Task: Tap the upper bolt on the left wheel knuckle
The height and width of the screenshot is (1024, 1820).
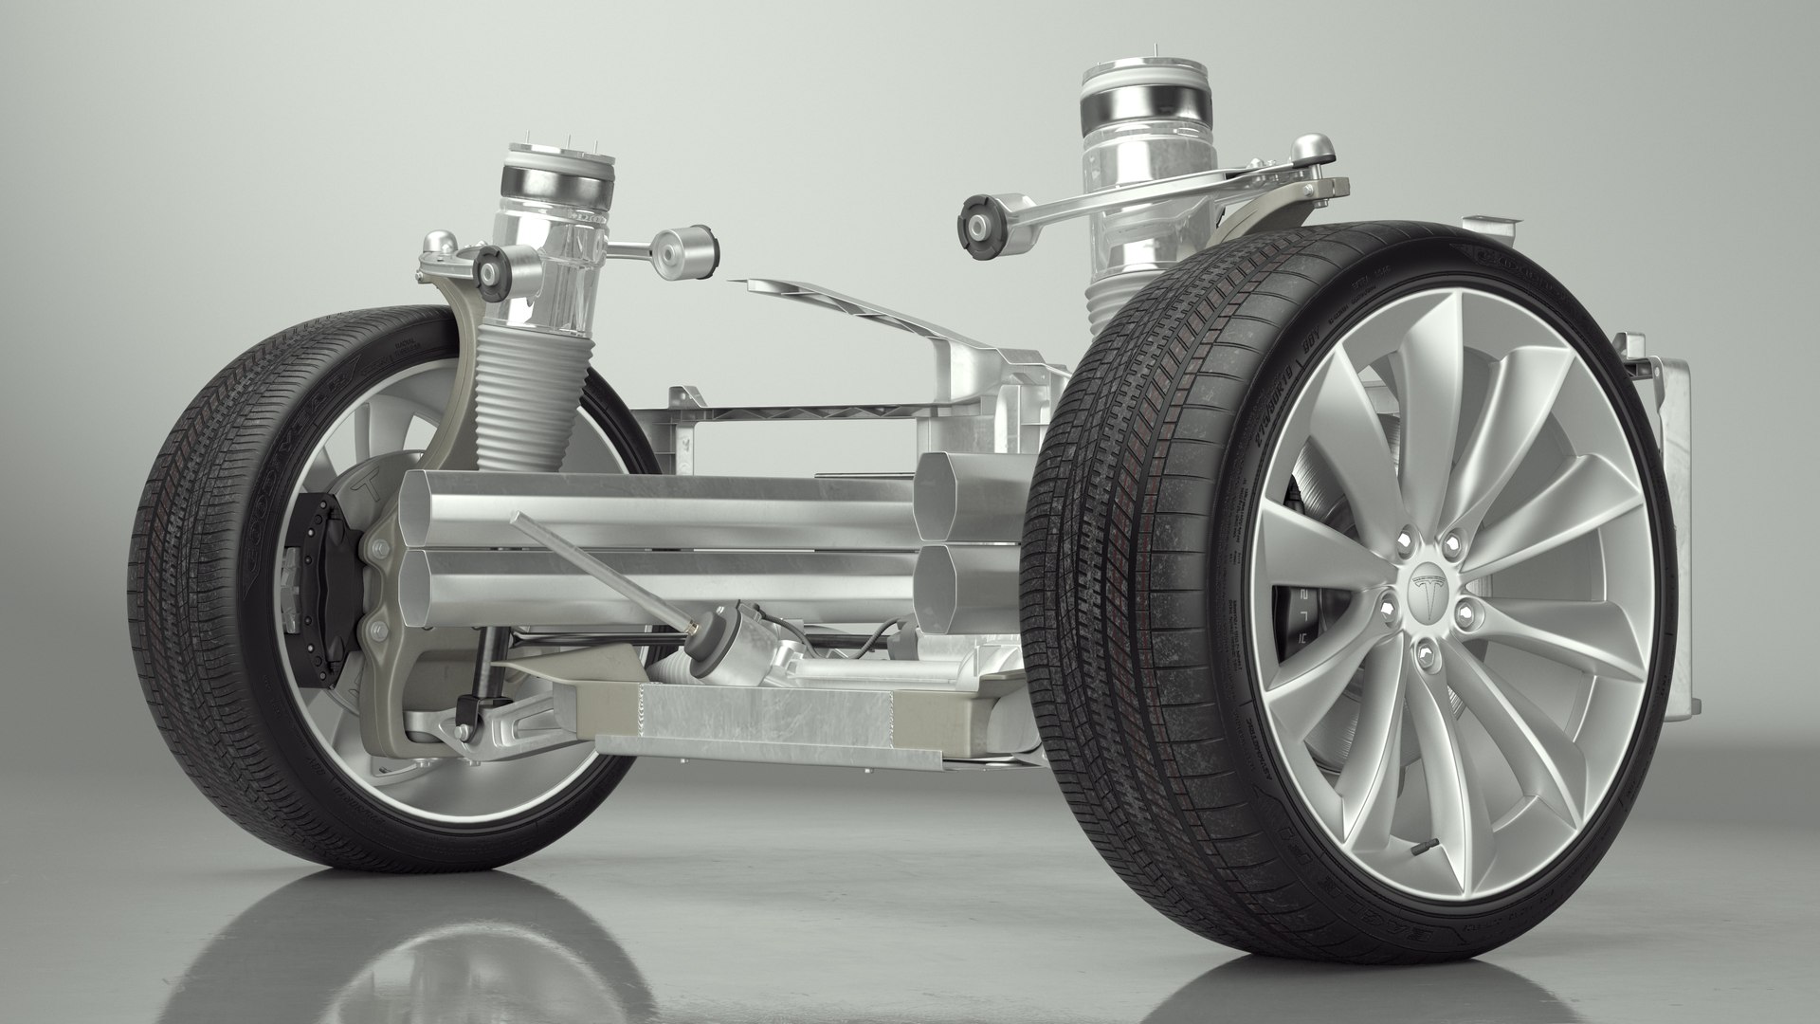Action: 380,548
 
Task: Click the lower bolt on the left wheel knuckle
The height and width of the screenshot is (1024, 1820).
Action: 380,625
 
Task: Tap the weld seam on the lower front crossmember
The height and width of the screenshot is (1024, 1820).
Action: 646,712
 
